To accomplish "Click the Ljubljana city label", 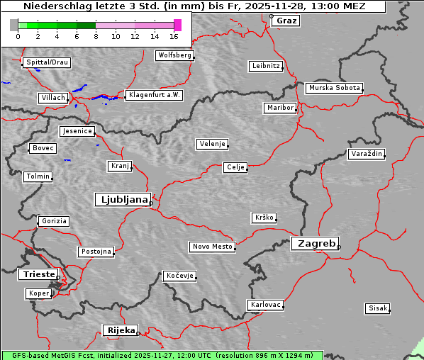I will point(122,200).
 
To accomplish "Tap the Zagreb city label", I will point(315,244).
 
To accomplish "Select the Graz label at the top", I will point(286,21).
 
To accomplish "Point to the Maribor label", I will point(280,108).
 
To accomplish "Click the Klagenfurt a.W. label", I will point(154,95).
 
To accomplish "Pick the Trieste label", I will point(38,274).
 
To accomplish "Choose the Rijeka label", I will point(121,330).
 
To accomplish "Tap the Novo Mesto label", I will point(212,247).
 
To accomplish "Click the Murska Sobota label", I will point(334,89).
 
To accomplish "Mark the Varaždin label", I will point(367,154).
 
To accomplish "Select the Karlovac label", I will point(266,305).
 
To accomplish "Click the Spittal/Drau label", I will point(47,62).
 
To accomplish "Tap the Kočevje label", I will point(179,275).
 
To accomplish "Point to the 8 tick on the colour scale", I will point(96,35).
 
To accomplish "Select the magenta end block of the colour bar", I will point(177,25).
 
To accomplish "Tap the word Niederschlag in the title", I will point(50,6).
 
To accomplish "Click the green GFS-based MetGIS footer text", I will point(162,355).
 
